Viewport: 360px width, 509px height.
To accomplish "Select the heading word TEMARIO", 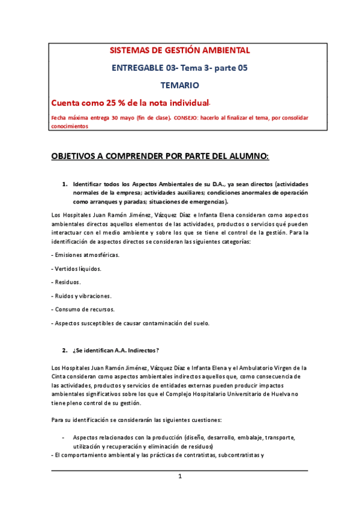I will coord(179,86).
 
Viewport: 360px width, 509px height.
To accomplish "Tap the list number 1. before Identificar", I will coord(65,184).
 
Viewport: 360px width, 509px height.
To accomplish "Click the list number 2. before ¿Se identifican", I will coord(65,350).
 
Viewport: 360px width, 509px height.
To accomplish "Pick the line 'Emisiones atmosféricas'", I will coord(86,255).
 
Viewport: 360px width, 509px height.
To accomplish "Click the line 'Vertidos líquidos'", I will coord(77,268).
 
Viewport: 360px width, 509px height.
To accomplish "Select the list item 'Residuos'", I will coord(67,282).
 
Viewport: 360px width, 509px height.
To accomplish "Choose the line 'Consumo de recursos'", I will coord(84,310).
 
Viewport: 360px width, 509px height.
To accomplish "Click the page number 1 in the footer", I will coord(179,477).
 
